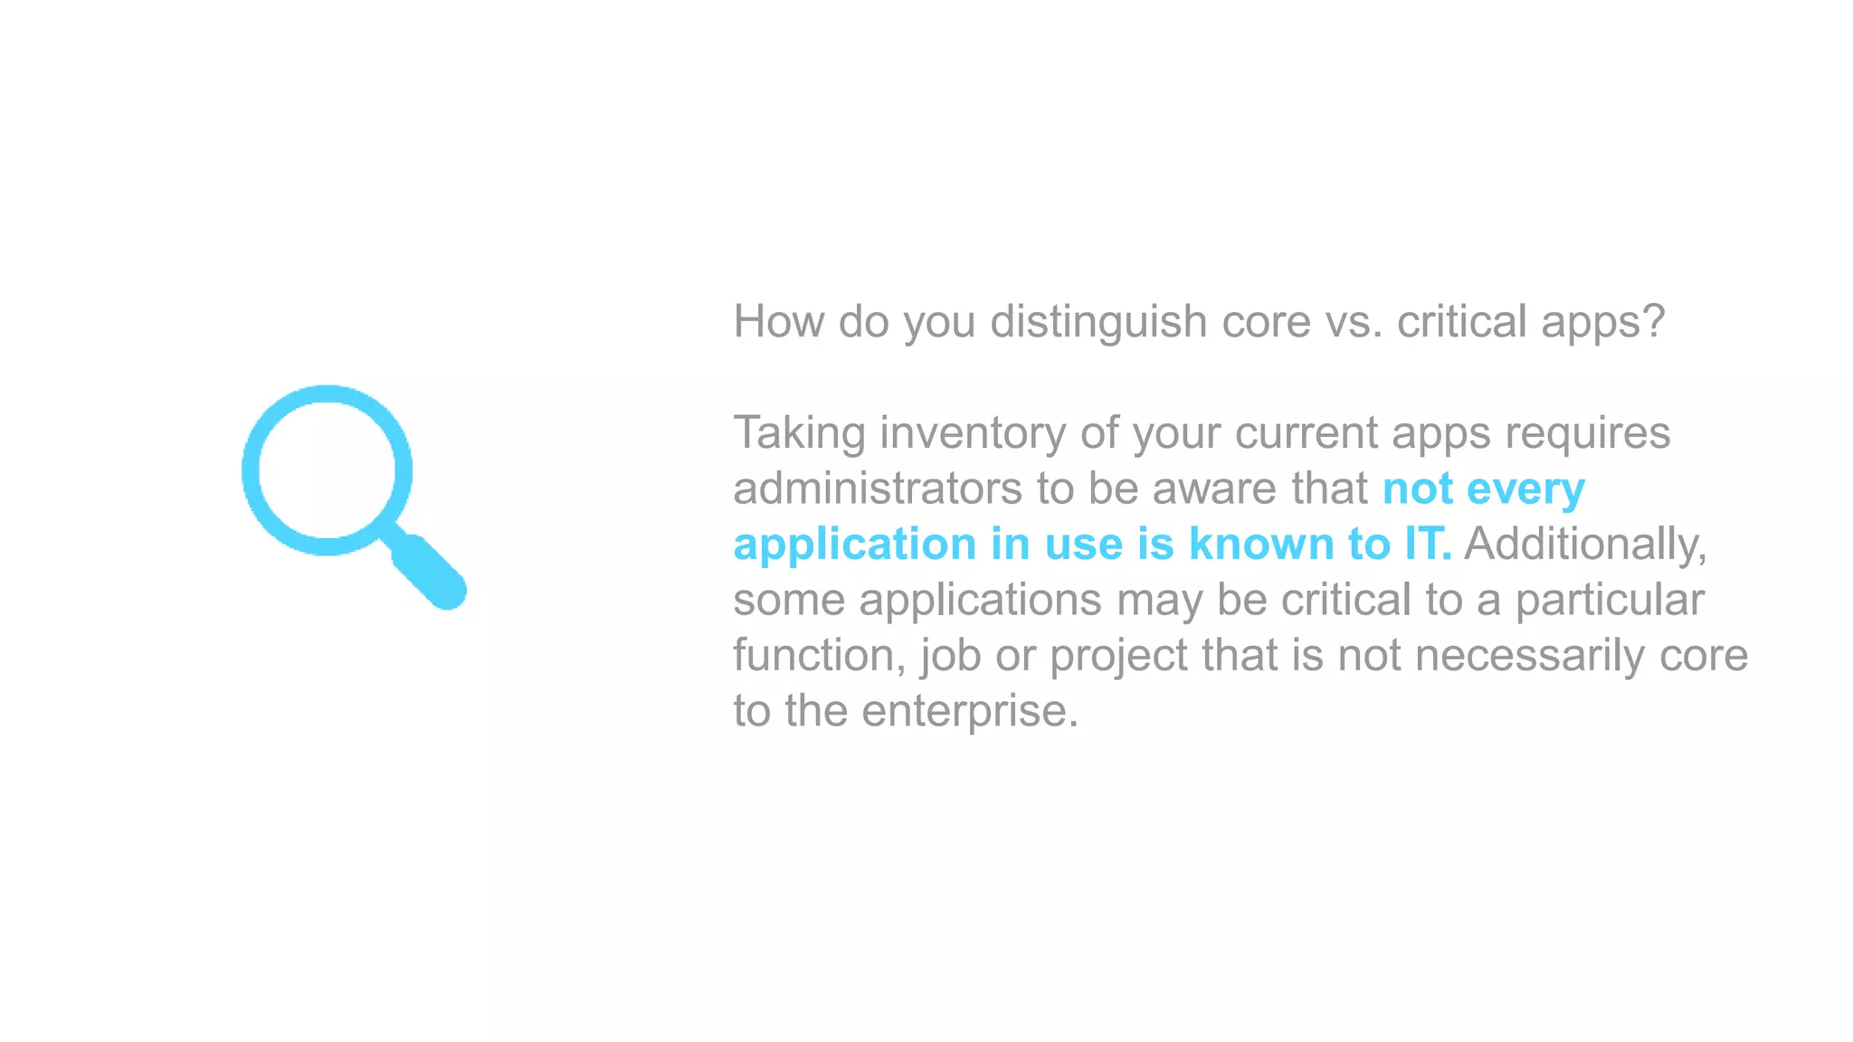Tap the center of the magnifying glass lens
pyautogui.click(x=327, y=470)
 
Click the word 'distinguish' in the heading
pyautogui.click(x=1098, y=322)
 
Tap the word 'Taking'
pyautogui.click(x=799, y=433)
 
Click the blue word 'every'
pyautogui.click(x=1525, y=490)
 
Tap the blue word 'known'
pyautogui.click(x=1261, y=545)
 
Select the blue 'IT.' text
pyautogui.click(x=1428, y=545)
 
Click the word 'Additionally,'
pyautogui.click(x=1585, y=545)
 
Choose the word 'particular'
pyautogui.click(x=1610, y=601)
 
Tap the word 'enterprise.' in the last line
pyautogui.click(x=970, y=712)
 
